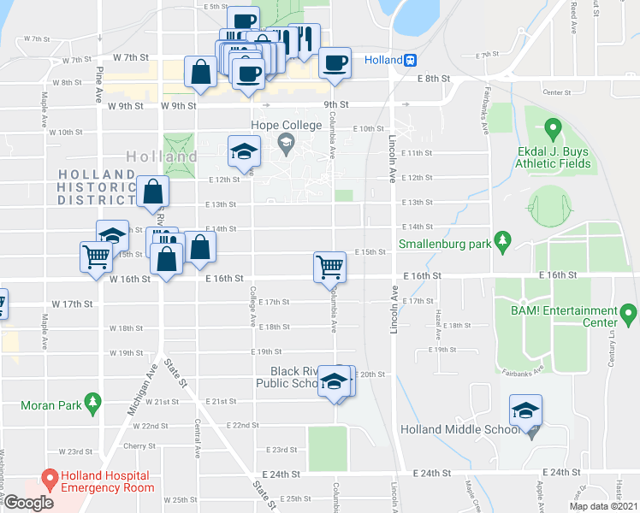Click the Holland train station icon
412,60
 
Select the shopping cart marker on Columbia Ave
329,267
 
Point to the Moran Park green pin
94,399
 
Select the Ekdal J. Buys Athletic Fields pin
552,129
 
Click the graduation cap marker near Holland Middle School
525,410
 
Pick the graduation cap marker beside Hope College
244,151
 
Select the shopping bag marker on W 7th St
200,74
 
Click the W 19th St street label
126,352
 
